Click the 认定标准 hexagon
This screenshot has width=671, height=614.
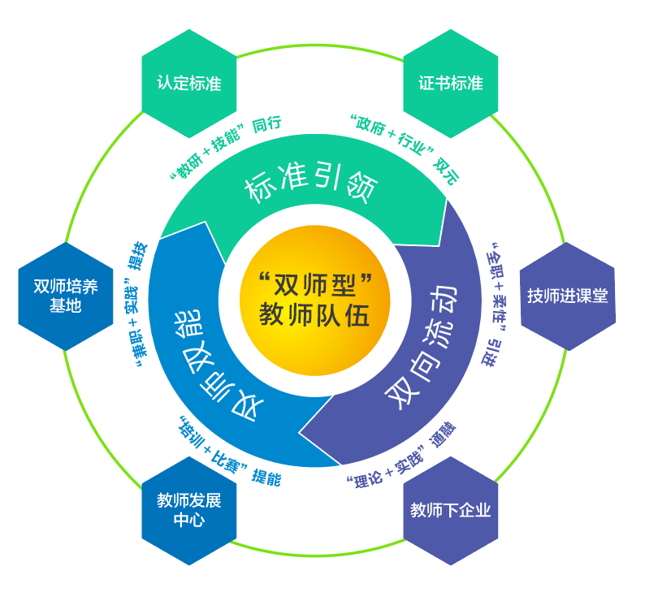189,84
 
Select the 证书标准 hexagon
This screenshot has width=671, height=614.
451,84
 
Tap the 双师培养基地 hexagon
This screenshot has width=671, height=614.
66,296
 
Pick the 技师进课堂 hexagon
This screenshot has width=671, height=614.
567,296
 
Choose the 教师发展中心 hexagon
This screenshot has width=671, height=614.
189,509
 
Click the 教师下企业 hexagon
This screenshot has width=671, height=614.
451,510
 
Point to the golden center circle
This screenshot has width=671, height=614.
314,301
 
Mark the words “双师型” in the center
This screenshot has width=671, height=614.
314,284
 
